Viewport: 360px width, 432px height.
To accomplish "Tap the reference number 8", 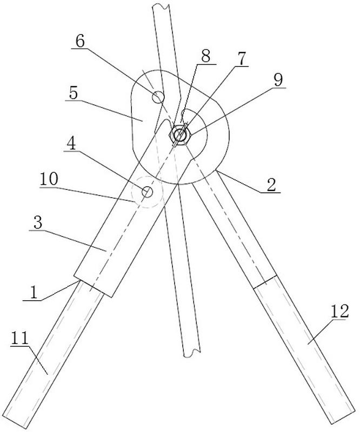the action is [x=206, y=56].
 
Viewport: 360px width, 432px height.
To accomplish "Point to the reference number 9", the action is [x=278, y=79].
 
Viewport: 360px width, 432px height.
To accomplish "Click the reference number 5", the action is [x=74, y=92].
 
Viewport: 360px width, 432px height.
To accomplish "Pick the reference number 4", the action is [x=71, y=146].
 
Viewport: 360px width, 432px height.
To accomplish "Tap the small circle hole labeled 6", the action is [x=158, y=97].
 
